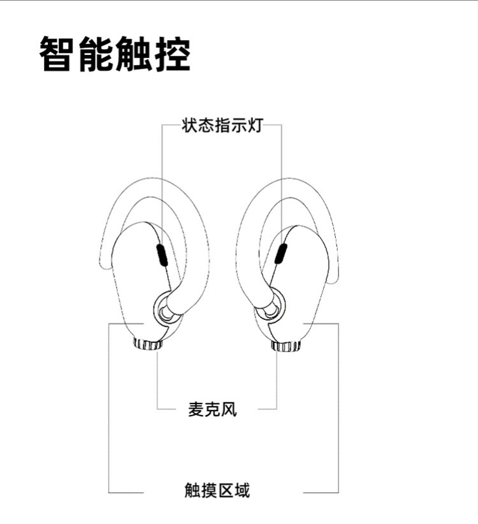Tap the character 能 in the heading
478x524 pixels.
tap(97, 55)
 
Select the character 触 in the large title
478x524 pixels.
tap(134, 55)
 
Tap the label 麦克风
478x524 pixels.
tap(212, 409)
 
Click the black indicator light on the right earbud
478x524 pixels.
tap(280, 253)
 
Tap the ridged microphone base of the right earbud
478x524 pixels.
tap(286, 346)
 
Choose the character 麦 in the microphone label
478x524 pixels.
tap(196, 409)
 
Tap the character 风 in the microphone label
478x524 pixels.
tap(229, 409)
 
